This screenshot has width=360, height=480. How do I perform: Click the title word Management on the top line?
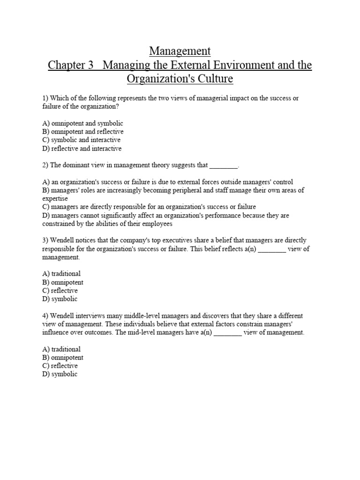(180, 51)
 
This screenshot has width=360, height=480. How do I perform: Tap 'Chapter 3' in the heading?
(71, 65)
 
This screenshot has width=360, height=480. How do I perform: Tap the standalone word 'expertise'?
(55, 199)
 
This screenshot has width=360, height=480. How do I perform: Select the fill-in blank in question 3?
(272, 249)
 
